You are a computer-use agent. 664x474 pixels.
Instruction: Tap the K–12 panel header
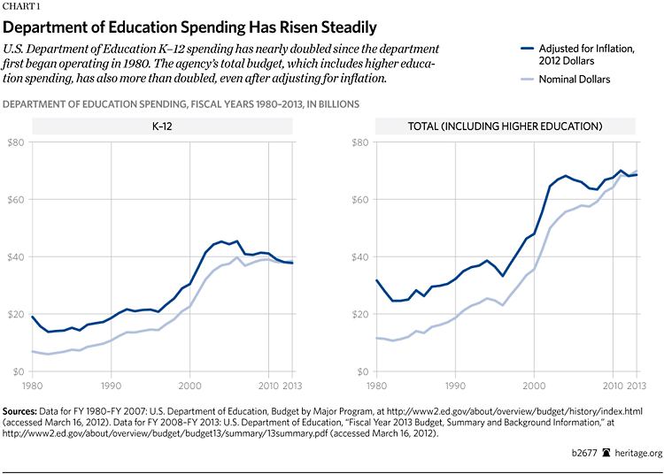162,126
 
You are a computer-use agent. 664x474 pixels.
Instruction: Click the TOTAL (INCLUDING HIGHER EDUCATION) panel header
507,126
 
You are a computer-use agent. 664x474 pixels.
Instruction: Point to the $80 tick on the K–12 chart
17,141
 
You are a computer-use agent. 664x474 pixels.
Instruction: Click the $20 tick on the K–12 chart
17,314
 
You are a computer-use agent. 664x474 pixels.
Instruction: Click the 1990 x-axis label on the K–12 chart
111,386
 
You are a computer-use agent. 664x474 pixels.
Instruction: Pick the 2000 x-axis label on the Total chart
534,386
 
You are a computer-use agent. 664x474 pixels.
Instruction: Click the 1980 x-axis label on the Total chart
378,386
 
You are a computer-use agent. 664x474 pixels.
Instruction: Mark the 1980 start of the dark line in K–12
33,317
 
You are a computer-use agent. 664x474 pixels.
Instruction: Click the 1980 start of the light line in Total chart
378,338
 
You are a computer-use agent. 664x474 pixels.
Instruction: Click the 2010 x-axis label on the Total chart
613,386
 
